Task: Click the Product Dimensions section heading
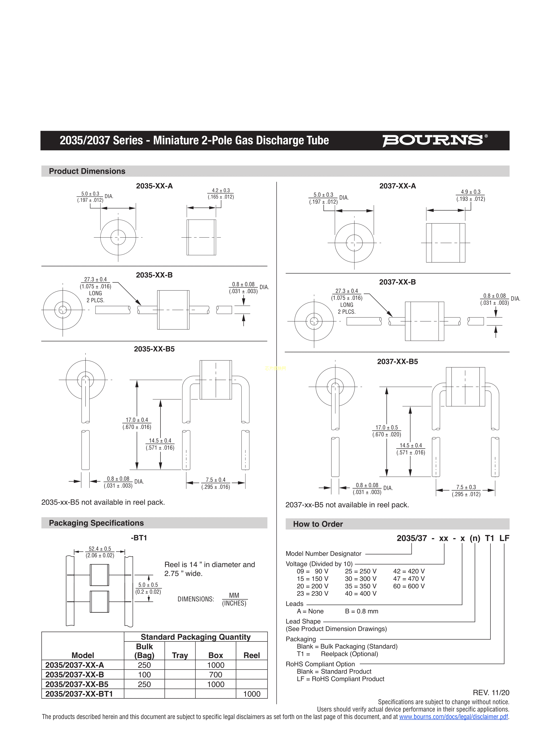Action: coord(87,171)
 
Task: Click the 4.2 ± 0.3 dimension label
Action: coord(221,190)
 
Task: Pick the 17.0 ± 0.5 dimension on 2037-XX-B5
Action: coord(387,428)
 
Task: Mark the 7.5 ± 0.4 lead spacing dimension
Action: coord(215,480)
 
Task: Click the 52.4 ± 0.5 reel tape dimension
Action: coord(100,549)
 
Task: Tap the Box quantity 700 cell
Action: coord(216,674)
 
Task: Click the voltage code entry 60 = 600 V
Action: coord(409,586)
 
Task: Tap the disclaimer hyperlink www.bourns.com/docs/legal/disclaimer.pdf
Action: coord(453,717)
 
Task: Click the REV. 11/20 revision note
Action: coord(491,692)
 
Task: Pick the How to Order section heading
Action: coord(318,524)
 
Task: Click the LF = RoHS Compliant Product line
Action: coord(340,679)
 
